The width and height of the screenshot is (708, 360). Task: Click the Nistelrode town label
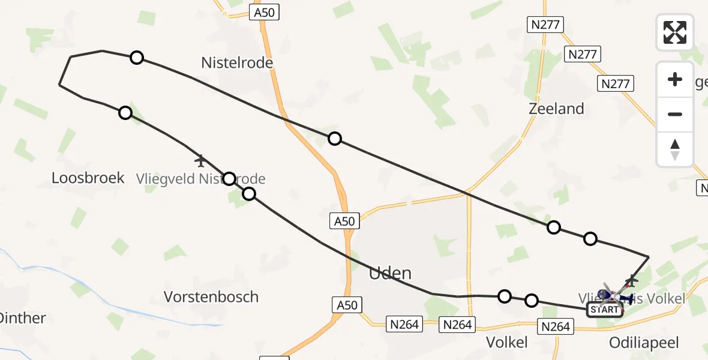coord(237,62)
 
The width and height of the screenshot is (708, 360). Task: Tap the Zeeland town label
coord(556,109)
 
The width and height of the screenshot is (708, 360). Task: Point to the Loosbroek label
coord(88,178)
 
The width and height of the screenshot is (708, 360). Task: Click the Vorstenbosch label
coord(211,296)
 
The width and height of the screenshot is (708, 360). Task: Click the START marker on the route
coord(604,310)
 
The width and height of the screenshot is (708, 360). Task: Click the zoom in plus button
coord(675,79)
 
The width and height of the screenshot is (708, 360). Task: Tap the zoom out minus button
coord(675,114)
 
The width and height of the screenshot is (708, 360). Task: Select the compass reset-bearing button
coord(675,149)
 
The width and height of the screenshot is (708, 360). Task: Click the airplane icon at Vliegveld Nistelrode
coord(200,161)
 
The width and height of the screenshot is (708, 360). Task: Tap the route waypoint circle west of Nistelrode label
coord(137,58)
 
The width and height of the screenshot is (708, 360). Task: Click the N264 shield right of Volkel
coord(555,326)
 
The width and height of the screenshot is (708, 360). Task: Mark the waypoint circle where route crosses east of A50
coord(335,139)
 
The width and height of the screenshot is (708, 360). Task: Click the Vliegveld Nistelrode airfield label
coord(200,178)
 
